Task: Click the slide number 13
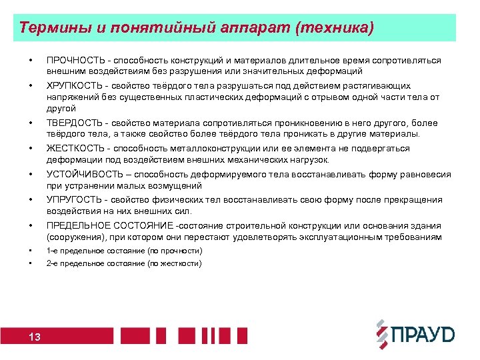pyautogui.click(x=35, y=337)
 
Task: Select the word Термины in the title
pyautogui.click(x=48, y=28)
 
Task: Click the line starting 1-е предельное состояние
pyautogui.click(x=124, y=251)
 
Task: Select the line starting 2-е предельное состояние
pyautogui.click(x=124, y=263)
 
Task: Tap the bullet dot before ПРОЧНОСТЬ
pyautogui.click(x=30, y=61)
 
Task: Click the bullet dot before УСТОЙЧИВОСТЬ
pyautogui.click(x=30, y=175)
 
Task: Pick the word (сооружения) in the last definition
pyautogui.click(x=71, y=237)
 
